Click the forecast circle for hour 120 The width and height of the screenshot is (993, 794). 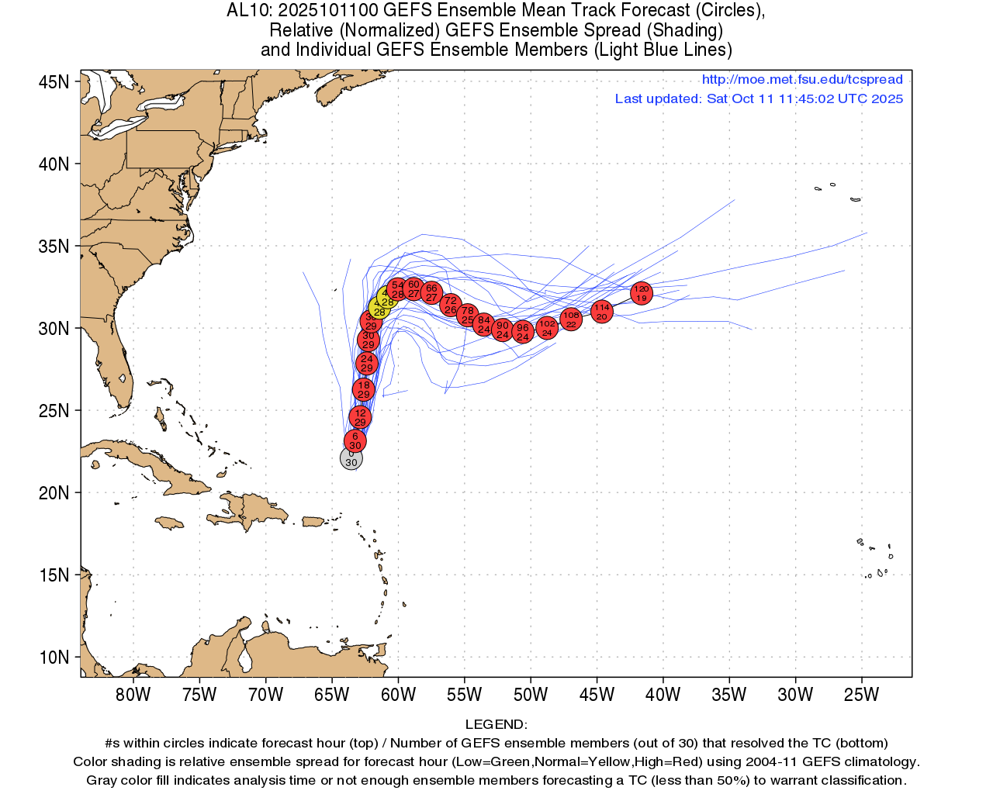[641, 293]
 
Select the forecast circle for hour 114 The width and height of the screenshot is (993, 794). [602, 312]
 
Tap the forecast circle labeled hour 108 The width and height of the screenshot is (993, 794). [571, 319]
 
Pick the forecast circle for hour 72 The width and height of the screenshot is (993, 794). [451, 306]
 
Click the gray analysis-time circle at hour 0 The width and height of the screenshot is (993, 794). [351, 458]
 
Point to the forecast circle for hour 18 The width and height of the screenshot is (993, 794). [364, 389]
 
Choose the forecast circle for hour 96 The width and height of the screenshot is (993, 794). [523, 332]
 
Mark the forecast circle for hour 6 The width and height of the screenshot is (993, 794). [355, 441]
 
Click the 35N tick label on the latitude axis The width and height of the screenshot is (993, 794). [54, 247]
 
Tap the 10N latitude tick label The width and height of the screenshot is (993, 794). [54, 658]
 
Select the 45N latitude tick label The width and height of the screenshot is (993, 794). [54, 82]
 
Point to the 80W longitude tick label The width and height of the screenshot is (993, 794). [133, 695]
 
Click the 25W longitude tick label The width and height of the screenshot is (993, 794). [861, 695]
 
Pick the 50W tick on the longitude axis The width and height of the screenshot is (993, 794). [531, 695]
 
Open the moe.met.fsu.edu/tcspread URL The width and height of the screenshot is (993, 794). [802, 80]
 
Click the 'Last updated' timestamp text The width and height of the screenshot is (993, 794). [759, 99]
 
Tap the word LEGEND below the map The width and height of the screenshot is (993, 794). [496, 724]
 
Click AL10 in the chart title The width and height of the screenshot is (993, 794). [248, 11]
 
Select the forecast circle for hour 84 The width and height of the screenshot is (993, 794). [484, 325]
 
